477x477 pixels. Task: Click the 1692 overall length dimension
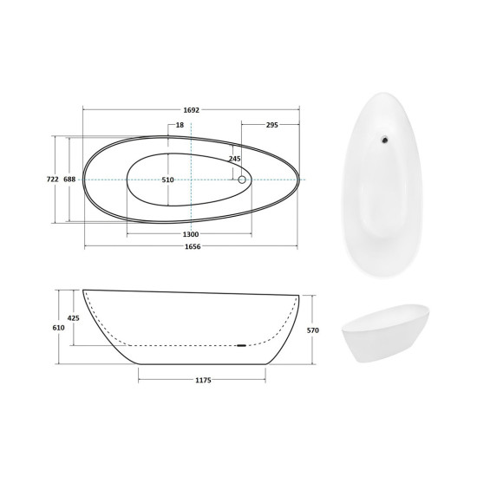click(191, 110)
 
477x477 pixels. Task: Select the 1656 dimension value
click(193, 246)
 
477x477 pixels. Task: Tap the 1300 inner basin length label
click(191, 234)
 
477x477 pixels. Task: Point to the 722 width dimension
click(52, 180)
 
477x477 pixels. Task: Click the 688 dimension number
click(69, 180)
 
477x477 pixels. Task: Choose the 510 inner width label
click(167, 180)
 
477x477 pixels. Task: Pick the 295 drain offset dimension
click(272, 125)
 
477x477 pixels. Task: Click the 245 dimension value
click(234, 159)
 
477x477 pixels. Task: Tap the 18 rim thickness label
click(180, 125)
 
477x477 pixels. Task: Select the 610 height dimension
click(58, 328)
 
